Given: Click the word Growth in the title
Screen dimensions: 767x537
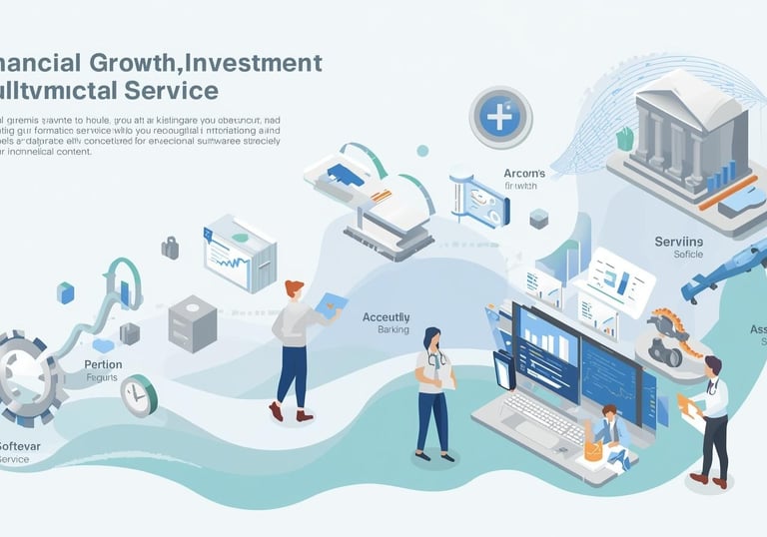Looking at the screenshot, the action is [144, 62].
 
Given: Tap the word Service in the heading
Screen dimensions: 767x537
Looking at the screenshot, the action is [170, 91].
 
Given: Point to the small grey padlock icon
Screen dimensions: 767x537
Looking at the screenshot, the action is [170, 246].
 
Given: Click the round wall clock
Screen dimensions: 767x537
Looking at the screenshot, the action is [139, 395].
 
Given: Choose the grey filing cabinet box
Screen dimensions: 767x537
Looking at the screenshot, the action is [193, 321].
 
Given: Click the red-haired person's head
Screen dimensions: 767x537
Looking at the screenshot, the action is [294, 288].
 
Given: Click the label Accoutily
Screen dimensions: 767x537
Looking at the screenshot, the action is [385, 316].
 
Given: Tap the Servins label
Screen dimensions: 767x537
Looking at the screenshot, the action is [679, 241].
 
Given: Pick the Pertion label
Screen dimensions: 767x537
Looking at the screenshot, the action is [103, 364].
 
